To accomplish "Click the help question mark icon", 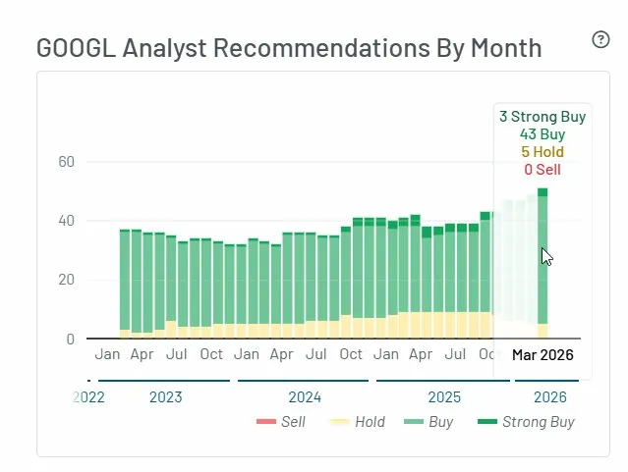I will [x=601, y=39].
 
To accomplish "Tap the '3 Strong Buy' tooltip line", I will [x=542, y=117].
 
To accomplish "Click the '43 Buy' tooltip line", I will [x=542, y=134].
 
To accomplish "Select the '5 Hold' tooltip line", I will [x=542, y=152].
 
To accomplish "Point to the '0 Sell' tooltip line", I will [x=542, y=170].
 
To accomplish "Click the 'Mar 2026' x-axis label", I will [x=542, y=355].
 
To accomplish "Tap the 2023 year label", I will [x=165, y=397].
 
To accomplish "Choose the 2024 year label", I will [x=305, y=397].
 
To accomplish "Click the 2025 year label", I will [x=444, y=397].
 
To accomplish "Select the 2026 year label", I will [x=549, y=397].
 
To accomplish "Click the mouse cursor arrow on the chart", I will [x=546, y=256].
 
